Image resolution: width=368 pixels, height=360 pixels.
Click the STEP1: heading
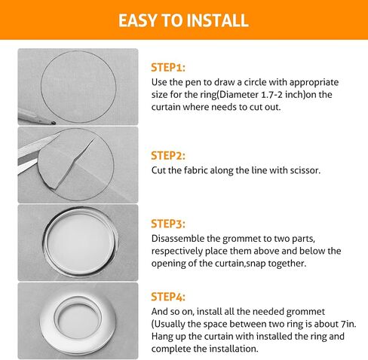coord(168,68)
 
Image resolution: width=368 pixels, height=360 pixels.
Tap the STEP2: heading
coord(168,156)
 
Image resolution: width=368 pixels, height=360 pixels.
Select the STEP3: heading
coord(168,224)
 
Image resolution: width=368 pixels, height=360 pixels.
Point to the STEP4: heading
coord(168,297)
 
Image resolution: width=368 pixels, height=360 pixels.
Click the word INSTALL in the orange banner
coord(218,20)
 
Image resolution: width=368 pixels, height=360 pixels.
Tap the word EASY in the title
coord(138,20)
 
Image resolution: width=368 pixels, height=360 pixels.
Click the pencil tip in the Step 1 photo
coord(54,123)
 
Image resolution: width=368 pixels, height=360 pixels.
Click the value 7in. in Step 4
coord(349,324)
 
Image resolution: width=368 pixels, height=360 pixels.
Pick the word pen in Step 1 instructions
coord(192,83)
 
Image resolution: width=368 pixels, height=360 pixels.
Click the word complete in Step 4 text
coord(171,349)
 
